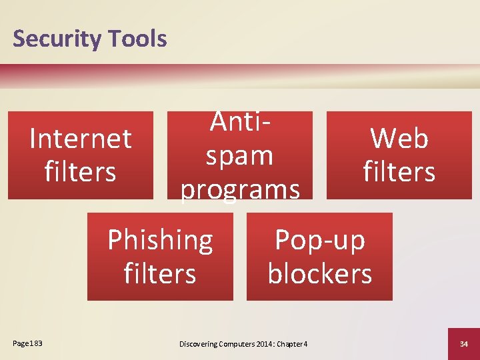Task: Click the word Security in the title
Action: click(x=55, y=39)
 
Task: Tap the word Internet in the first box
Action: click(x=81, y=139)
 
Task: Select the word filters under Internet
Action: click(x=81, y=171)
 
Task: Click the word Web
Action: click(x=399, y=139)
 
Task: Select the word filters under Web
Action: click(x=399, y=171)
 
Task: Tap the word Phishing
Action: click(x=160, y=239)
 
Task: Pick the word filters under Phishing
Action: click(x=160, y=273)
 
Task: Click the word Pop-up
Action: click(x=320, y=239)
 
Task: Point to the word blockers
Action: click(x=320, y=273)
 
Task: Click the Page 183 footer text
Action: click(x=27, y=343)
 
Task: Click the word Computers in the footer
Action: click(x=233, y=344)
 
